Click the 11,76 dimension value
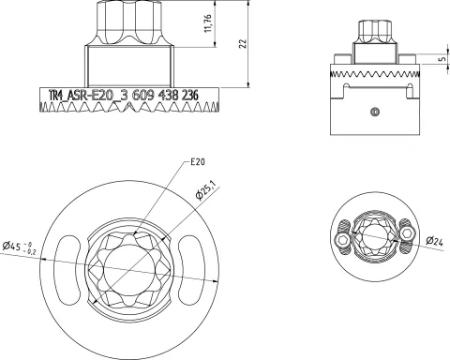208,23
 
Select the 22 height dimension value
243,43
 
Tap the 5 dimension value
442,59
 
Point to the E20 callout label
198,162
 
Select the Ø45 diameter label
11,247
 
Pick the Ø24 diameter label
434,241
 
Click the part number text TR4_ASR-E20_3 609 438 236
124,96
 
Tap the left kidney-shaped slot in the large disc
67,269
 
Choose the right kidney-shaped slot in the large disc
190,269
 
